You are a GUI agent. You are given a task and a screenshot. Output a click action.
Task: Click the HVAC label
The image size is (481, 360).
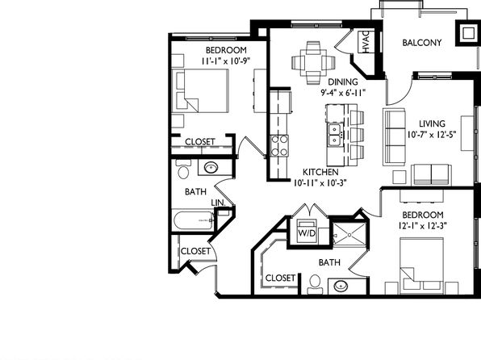pos(366,42)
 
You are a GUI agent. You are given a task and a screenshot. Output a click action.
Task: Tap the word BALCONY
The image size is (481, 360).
pos(422,43)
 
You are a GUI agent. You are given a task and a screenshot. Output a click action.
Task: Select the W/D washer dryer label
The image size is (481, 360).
pos(307,233)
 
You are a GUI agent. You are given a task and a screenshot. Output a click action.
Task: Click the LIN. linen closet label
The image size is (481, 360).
pos(218,203)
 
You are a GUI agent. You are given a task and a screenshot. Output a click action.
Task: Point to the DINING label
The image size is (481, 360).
pos(343,82)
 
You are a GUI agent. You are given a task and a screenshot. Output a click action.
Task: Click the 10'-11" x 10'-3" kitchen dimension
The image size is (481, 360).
pos(320,183)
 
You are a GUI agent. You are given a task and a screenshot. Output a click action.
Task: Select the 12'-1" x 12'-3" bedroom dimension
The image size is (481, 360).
pos(422,226)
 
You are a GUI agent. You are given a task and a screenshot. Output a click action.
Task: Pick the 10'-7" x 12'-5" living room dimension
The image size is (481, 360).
pos(432,135)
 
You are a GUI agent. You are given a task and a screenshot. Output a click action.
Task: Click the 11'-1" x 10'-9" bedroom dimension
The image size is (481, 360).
pos(226,61)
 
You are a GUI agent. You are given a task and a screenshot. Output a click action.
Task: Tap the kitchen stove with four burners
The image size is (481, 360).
pos(279,146)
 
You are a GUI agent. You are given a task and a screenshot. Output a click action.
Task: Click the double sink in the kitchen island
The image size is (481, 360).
pos(334,135)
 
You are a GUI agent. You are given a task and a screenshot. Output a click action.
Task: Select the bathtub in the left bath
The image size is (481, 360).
pos(194,220)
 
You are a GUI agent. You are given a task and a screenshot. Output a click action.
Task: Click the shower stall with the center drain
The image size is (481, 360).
pos(349,234)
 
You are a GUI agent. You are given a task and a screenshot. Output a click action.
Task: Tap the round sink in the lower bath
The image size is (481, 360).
pos(341,287)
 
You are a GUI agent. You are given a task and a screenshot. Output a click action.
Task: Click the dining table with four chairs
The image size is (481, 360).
pos(313,63)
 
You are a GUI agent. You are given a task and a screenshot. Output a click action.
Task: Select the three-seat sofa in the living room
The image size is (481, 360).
pos(394,137)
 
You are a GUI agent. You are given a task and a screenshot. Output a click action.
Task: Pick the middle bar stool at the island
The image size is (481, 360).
pos(357,135)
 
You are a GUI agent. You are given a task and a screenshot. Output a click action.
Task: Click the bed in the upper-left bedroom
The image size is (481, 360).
pos(200,90)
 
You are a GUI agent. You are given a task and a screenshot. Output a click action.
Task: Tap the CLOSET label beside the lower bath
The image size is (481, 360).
pos(280,278)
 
